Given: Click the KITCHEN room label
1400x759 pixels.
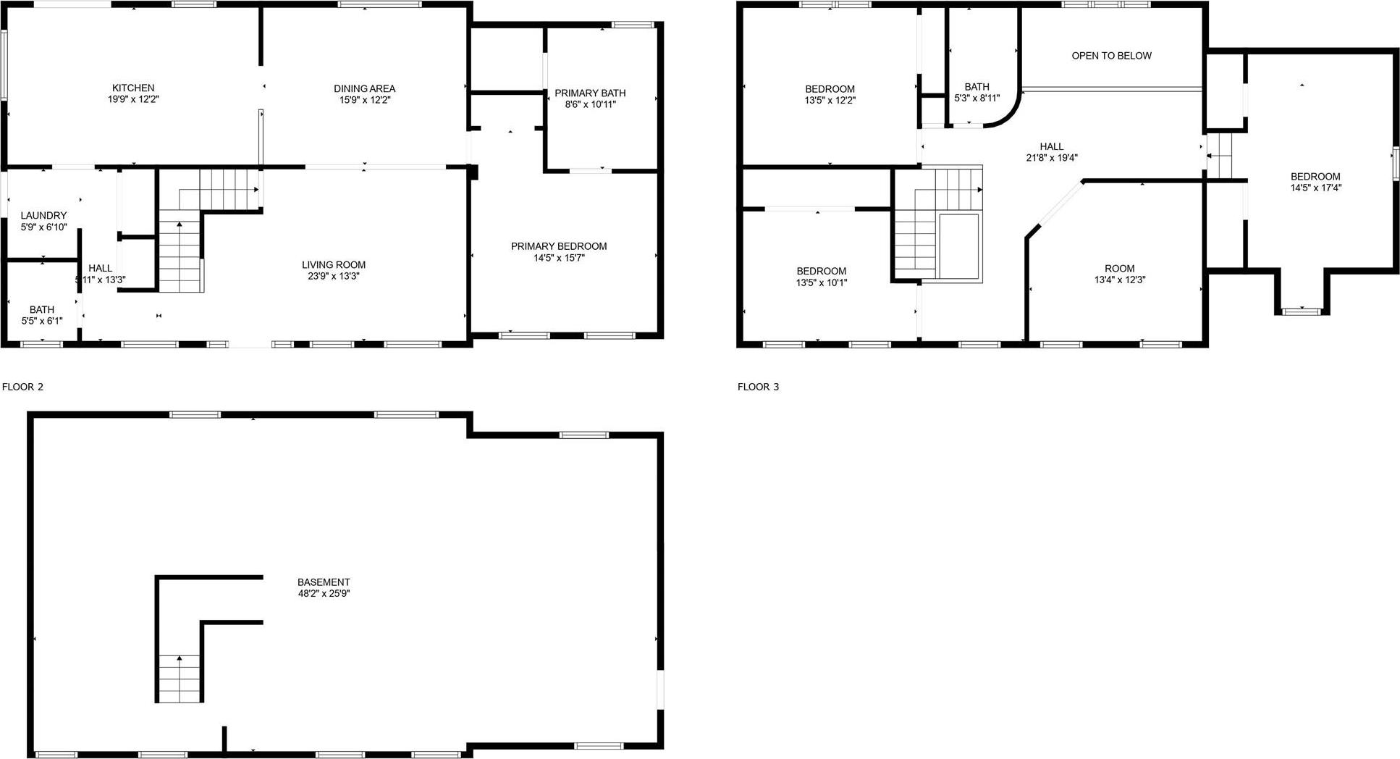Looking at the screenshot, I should [x=133, y=88].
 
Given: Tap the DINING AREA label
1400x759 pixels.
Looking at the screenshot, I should [x=364, y=89].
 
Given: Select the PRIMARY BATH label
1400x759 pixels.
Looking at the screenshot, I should [x=590, y=93].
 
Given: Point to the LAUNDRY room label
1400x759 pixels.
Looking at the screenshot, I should [x=43, y=216].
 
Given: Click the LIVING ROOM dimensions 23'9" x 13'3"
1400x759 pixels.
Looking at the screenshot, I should [x=334, y=276].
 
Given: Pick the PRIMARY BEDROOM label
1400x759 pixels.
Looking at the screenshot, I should [x=559, y=246].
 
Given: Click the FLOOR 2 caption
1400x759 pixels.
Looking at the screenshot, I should [x=23, y=387].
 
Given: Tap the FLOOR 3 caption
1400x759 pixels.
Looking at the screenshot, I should [x=758, y=387].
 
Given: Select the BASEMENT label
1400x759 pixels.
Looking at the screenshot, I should [x=324, y=582].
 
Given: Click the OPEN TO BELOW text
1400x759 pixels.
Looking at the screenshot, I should [x=1111, y=56].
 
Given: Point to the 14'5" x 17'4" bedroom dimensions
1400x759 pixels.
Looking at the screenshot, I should [x=1315, y=188].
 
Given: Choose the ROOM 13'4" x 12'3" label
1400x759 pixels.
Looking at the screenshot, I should [x=1120, y=269].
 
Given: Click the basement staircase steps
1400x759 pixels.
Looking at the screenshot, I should [x=179, y=679].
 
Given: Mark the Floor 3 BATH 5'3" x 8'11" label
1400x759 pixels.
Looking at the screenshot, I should [x=977, y=87].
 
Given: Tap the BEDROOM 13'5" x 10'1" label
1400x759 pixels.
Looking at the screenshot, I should [x=821, y=272].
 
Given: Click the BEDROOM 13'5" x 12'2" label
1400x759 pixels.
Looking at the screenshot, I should [x=830, y=90].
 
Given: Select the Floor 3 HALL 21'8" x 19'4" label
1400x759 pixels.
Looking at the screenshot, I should [x=1051, y=147].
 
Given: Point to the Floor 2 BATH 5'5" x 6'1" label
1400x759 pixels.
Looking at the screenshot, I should [x=42, y=310].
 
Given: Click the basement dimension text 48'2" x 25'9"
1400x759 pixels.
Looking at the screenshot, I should [x=324, y=593].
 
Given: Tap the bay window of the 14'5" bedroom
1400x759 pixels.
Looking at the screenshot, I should [x=1302, y=311].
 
